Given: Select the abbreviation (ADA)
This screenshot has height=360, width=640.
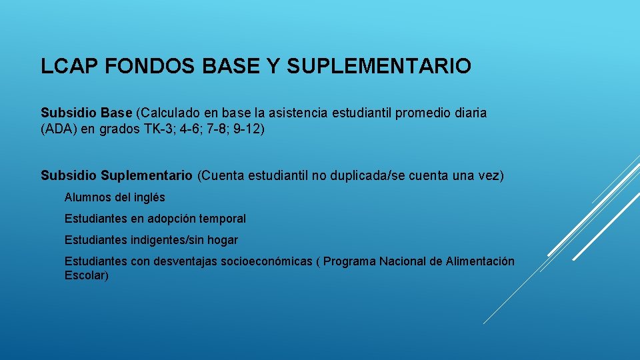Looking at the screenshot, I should (58, 129).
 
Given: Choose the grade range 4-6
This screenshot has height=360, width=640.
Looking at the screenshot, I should (193, 129).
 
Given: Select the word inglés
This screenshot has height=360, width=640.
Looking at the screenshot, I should (149, 198).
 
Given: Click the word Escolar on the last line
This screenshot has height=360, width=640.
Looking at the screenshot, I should (86, 275).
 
